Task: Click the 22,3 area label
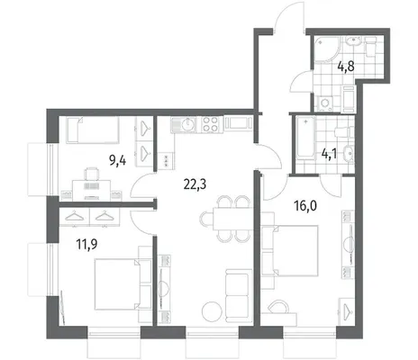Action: [195, 184]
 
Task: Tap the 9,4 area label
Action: [117, 161]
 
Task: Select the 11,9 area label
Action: [86, 245]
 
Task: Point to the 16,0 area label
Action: [305, 206]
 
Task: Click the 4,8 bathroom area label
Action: [346, 67]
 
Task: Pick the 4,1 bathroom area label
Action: [329, 154]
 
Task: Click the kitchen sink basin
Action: [188, 123]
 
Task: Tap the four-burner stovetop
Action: [210, 124]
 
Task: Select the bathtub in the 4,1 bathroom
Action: [305, 138]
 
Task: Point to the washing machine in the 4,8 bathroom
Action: [325, 103]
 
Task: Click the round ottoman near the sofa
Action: [213, 311]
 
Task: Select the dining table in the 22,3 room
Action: [232, 219]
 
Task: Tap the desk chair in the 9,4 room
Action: [92, 174]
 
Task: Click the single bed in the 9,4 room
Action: [93, 130]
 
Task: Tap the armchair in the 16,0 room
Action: [278, 307]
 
